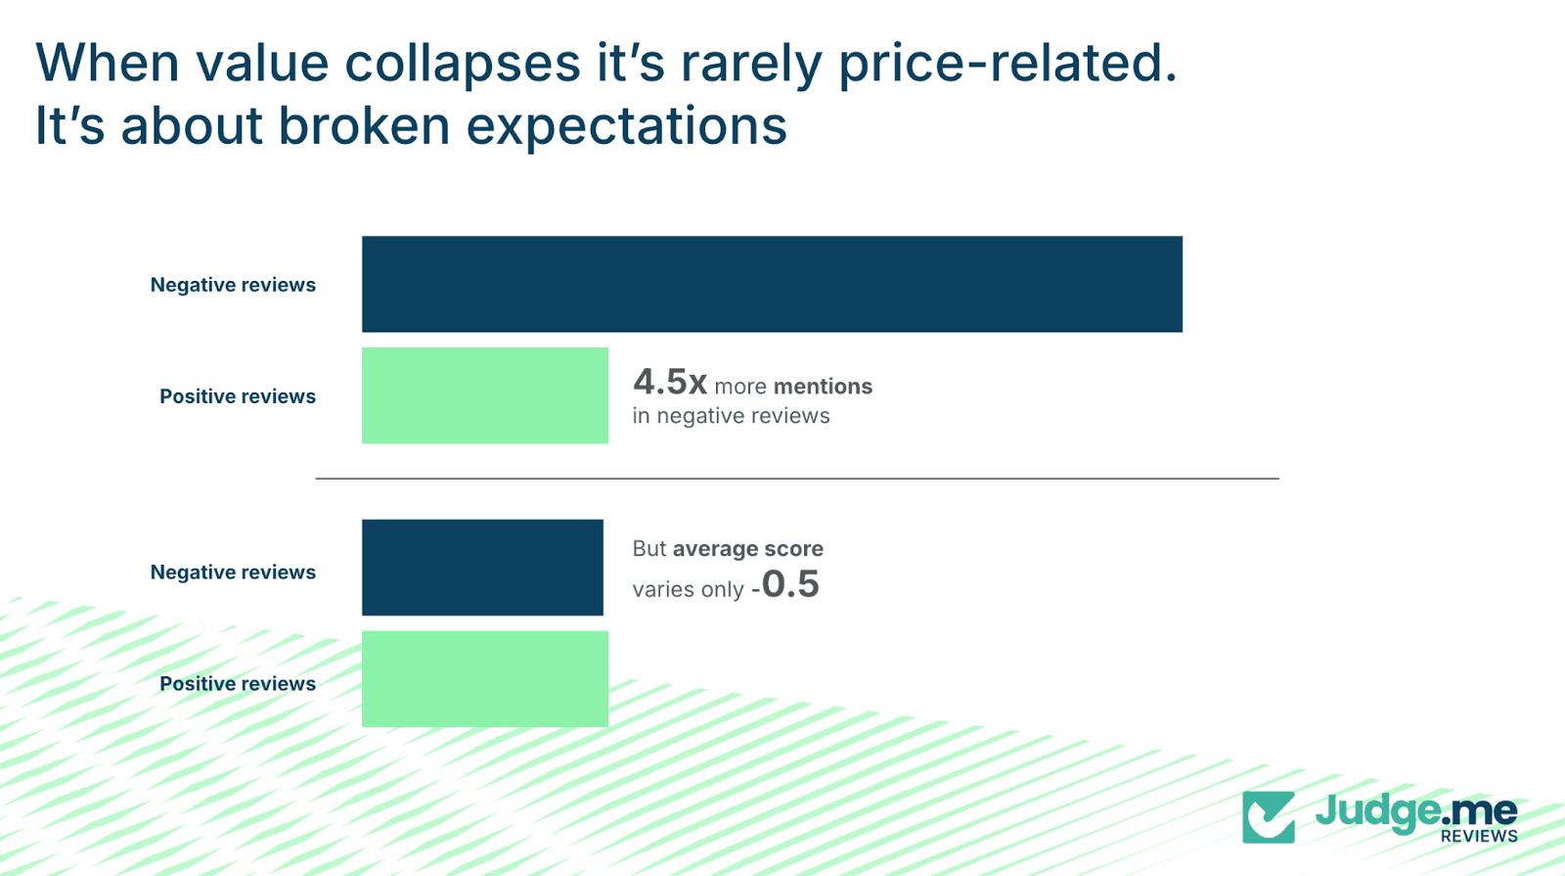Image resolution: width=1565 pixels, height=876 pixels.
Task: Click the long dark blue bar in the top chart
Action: point(772,284)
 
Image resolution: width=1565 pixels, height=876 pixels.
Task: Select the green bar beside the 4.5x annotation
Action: point(484,395)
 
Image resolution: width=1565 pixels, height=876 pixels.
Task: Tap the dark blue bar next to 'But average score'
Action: point(482,568)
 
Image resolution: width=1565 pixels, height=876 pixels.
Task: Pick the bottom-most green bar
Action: point(484,679)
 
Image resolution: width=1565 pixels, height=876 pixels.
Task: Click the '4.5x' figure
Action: point(669,382)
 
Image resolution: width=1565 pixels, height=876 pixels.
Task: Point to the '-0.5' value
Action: point(785,585)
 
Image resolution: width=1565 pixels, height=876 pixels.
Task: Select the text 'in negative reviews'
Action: point(731,416)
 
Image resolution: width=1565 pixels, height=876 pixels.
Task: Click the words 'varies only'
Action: point(688,589)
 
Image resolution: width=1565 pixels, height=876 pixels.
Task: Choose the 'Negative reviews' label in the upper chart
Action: point(233,285)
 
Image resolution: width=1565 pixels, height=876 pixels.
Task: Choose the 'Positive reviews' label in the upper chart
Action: point(238,396)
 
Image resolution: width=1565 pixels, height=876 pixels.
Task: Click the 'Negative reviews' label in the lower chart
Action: point(233,573)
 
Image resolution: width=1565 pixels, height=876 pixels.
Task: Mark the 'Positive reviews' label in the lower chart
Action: point(238,684)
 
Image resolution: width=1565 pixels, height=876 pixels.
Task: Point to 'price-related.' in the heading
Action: point(1007,65)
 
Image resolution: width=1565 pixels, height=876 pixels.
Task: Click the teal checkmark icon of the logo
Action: point(1269,817)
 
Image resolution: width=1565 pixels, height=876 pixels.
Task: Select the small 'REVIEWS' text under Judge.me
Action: point(1478,836)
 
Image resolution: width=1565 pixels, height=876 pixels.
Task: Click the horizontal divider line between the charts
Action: point(796,479)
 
